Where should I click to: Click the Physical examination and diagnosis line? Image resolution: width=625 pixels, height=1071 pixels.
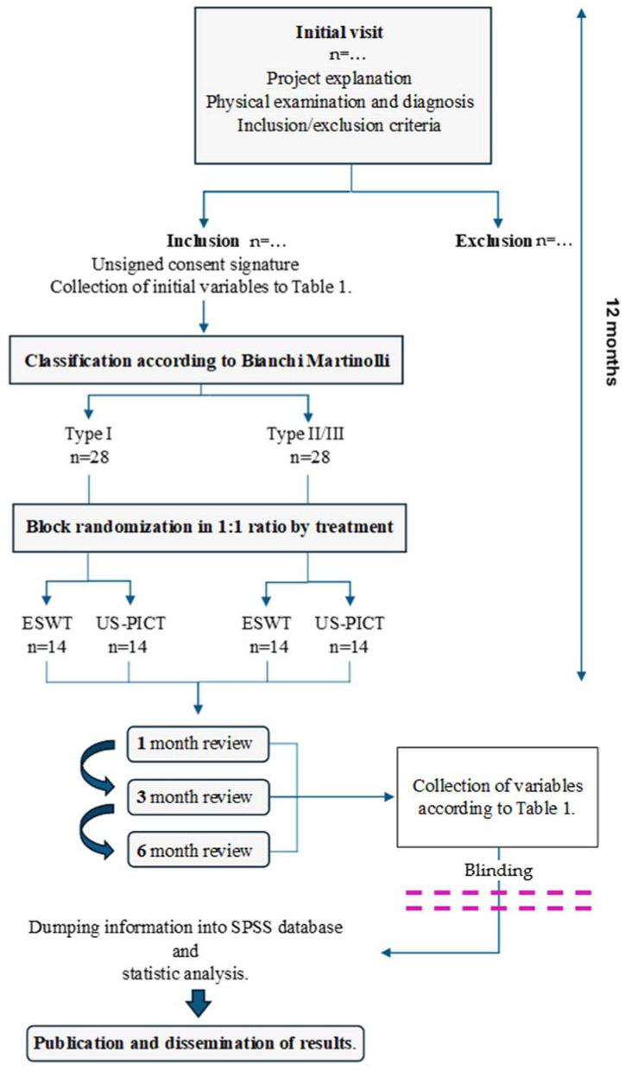353,99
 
